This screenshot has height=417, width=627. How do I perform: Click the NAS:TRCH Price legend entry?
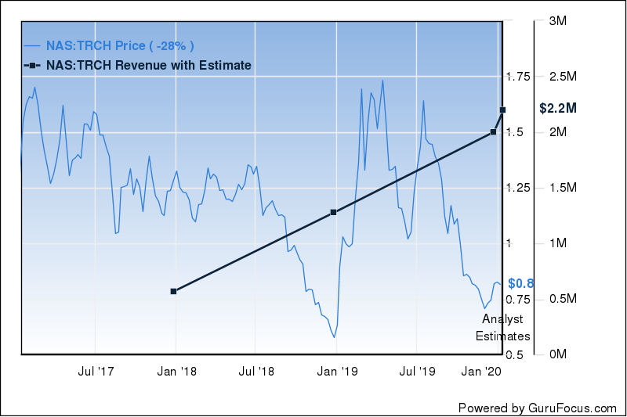(x=118, y=45)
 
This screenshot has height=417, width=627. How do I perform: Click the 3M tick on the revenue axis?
(x=557, y=21)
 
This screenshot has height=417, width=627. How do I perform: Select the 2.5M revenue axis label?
(x=564, y=77)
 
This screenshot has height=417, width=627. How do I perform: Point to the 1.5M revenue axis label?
(x=564, y=188)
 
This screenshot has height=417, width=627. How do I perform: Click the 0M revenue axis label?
(x=557, y=355)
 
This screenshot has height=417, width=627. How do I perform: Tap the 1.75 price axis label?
(x=518, y=77)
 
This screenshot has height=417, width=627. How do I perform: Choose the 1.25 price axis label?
(x=518, y=188)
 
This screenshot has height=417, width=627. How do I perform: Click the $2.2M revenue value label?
(x=558, y=109)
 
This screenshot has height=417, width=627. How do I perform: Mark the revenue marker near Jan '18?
(x=174, y=291)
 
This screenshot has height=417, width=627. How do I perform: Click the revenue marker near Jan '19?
(x=333, y=212)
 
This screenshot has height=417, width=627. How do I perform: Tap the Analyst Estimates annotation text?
(x=502, y=328)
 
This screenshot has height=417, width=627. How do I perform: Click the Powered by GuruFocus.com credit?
(x=538, y=408)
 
